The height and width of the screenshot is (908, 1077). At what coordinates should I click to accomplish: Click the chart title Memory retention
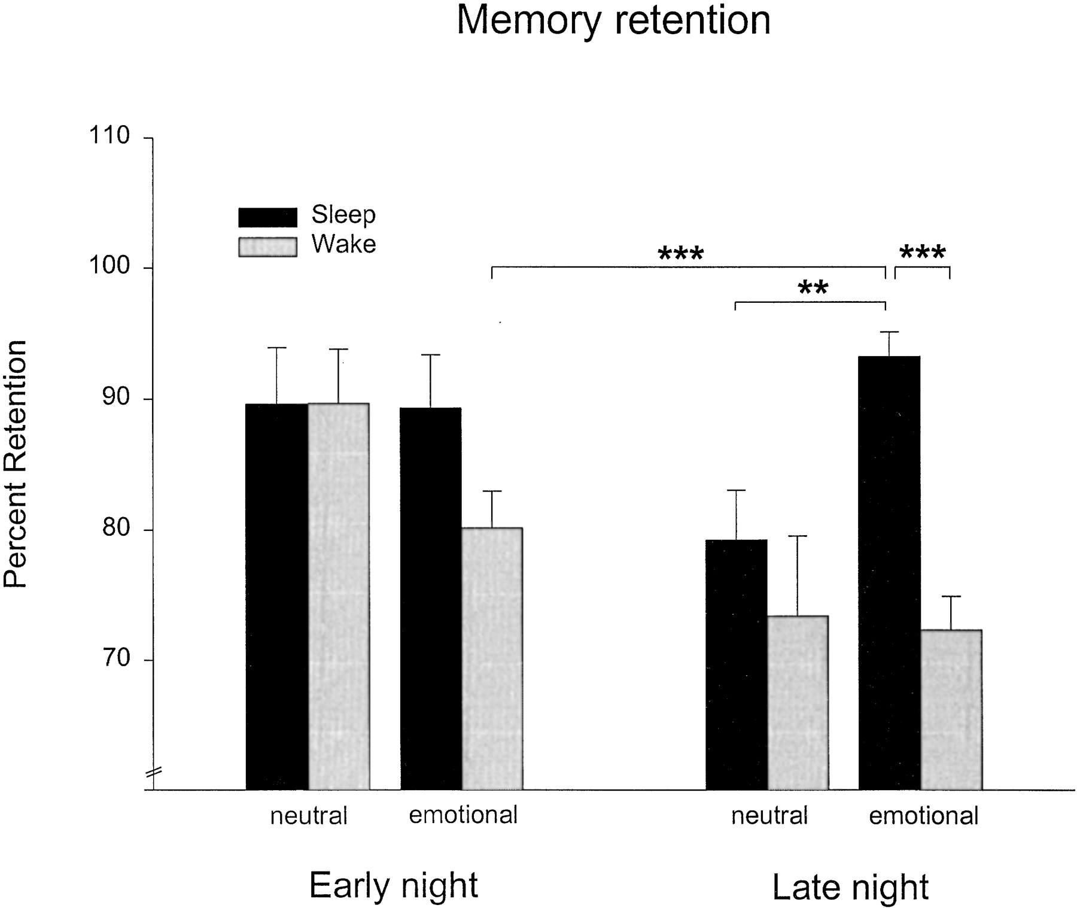tap(613, 20)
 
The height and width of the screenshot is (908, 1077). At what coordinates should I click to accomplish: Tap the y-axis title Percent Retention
tap(16, 464)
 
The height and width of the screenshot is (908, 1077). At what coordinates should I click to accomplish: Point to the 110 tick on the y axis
tap(109, 136)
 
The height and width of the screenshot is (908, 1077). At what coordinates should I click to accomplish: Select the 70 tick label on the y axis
tap(115, 658)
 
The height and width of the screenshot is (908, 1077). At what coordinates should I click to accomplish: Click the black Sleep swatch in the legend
tap(267, 217)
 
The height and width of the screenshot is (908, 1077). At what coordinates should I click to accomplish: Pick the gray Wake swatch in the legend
tap(267, 247)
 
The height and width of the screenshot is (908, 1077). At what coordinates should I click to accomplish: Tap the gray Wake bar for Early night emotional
tap(492, 658)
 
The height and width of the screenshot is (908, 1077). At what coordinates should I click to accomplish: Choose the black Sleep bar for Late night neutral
tap(736, 664)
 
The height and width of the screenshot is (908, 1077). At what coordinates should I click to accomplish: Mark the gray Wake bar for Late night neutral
tap(798, 703)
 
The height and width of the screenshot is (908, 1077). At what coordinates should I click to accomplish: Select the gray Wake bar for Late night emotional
tap(951, 709)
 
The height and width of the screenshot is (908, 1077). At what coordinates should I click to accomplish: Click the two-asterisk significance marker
tap(813, 289)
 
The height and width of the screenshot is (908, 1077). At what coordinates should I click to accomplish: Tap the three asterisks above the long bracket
tap(681, 254)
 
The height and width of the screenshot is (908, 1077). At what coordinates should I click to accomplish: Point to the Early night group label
tap(394, 885)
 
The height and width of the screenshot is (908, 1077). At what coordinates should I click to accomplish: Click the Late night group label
tap(850, 887)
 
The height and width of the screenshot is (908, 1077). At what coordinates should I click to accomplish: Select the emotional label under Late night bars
tap(923, 816)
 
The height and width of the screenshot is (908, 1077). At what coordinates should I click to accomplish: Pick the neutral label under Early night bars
tap(308, 816)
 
